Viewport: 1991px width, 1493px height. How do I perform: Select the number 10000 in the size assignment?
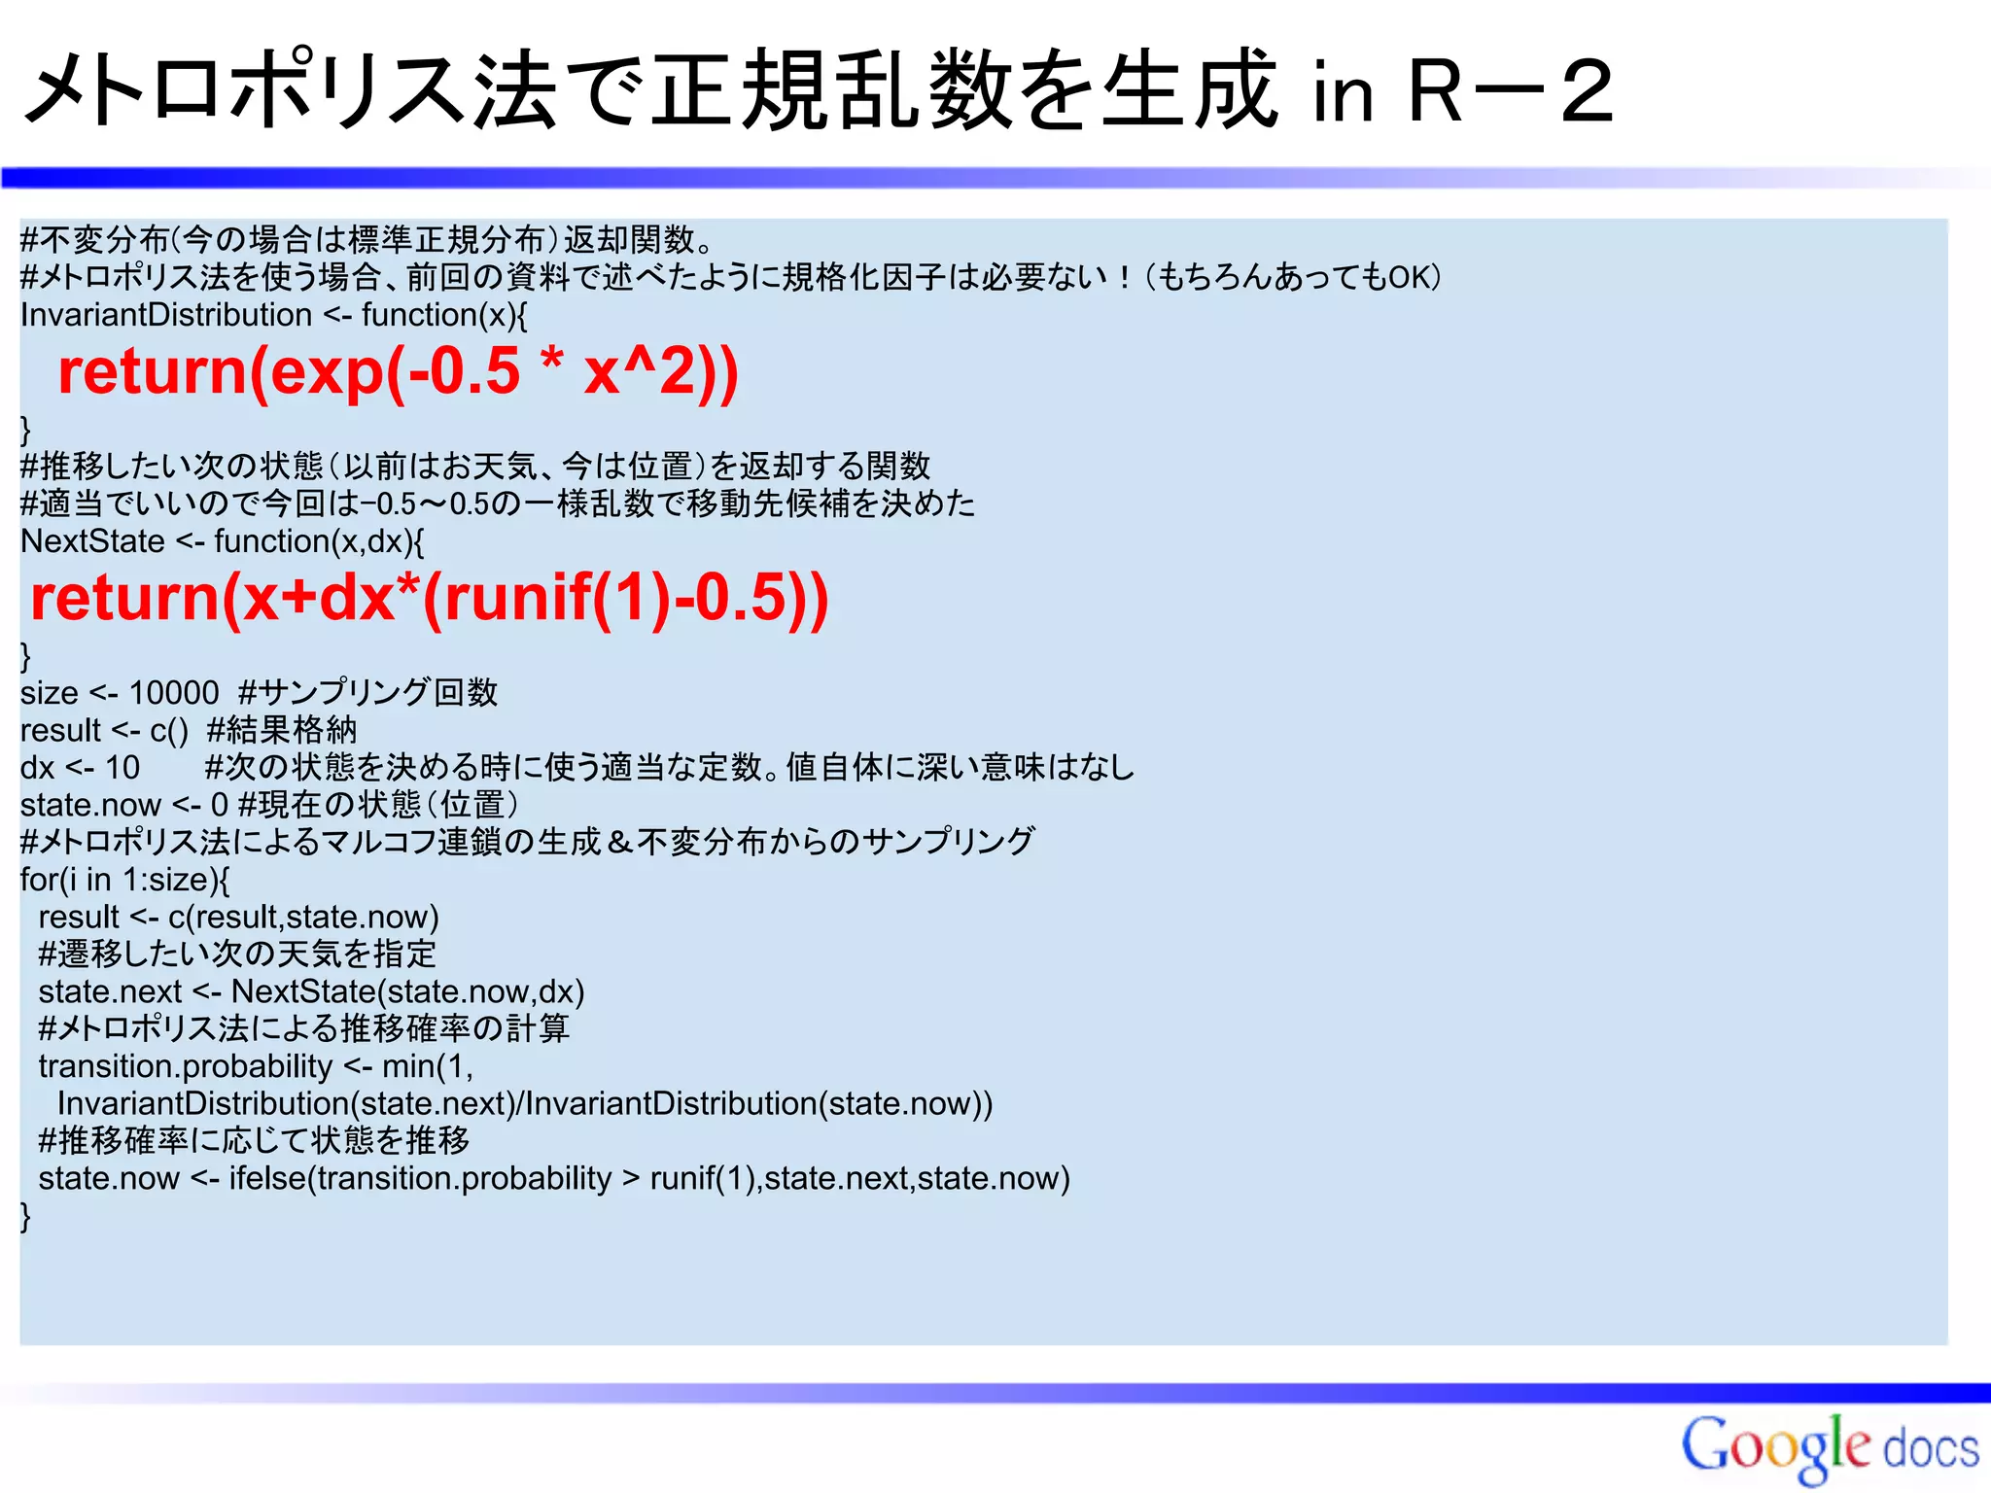point(174,693)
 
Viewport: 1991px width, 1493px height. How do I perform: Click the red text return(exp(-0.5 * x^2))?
point(399,372)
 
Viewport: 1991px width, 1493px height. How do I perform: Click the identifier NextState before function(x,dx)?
point(92,541)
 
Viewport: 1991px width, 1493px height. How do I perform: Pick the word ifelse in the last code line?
point(267,1179)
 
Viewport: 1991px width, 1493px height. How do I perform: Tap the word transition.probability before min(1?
point(185,1066)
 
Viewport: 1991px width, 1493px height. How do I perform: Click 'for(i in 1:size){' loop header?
point(124,880)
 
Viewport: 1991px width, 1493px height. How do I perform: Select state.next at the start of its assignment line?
point(110,992)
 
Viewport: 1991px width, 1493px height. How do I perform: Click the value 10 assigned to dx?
point(122,768)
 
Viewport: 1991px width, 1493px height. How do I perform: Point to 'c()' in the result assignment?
point(168,731)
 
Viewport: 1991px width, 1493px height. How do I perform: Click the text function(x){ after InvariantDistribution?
point(444,316)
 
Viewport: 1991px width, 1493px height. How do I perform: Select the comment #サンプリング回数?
point(367,693)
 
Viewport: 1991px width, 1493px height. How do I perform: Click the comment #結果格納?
point(282,731)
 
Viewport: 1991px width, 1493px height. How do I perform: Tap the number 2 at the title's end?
point(1587,93)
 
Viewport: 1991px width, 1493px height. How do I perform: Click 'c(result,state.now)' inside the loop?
point(303,918)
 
